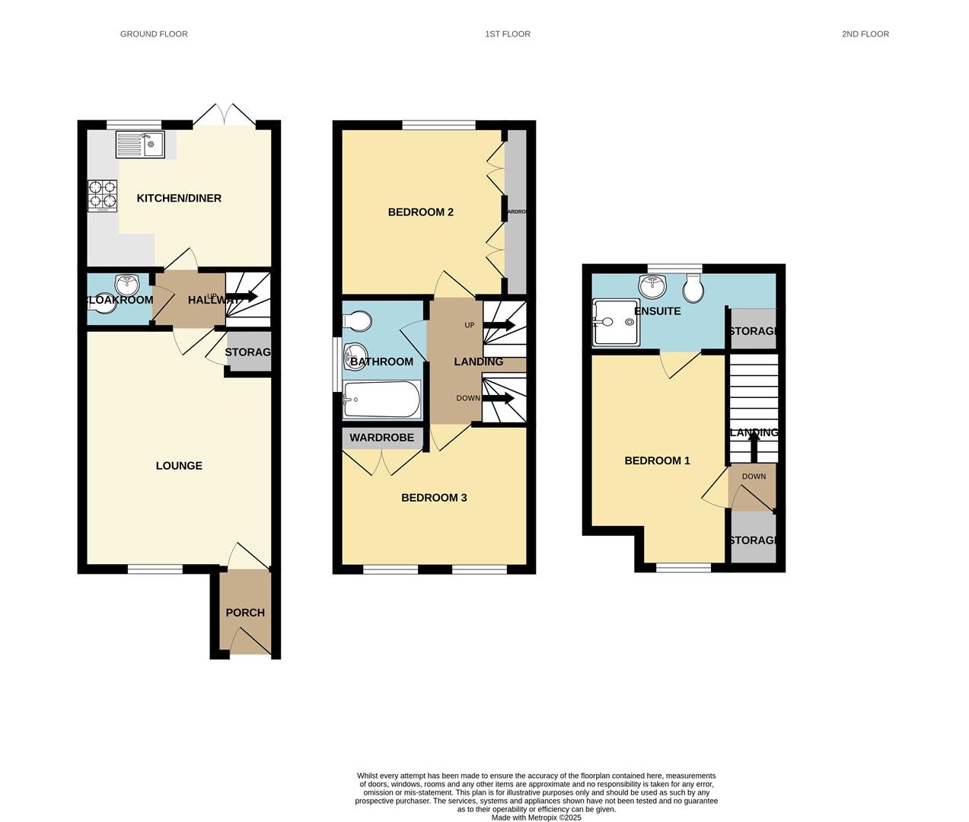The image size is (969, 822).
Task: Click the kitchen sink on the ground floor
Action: coord(140,144)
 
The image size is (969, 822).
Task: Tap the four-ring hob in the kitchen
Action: coord(103,195)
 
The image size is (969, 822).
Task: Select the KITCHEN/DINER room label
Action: coord(179,199)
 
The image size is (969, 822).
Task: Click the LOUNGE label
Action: coord(179,466)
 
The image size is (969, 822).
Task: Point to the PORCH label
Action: coord(245,613)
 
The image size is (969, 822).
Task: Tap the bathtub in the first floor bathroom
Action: coord(381,400)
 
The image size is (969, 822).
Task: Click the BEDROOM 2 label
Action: coord(420,212)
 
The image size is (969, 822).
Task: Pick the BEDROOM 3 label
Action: coord(434,498)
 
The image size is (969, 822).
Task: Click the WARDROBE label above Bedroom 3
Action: coord(381,438)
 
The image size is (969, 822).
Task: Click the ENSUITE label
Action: coord(657,311)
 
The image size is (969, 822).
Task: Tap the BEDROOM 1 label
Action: coord(657,460)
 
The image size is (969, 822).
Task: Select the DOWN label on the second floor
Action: coord(754,476)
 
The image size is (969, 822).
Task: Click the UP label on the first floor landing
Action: coord(470,325)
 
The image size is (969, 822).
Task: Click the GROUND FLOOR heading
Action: coord(154,34)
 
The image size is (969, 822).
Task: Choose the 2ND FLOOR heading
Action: coord(865,34)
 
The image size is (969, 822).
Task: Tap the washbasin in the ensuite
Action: coord(652,286)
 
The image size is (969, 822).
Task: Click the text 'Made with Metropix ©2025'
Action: coord(536,817)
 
